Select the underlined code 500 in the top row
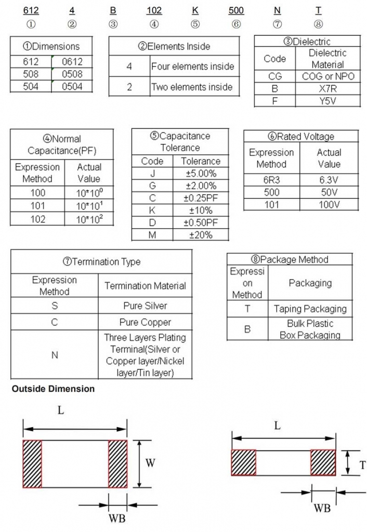coord(236,10)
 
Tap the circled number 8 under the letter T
coord(318,24)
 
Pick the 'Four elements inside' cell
coord(192,66)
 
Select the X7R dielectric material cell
coord(327,88)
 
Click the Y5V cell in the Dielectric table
coord(327,100)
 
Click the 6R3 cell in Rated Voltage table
coord(271,180)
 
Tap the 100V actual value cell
coord(329,204)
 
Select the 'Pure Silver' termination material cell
coord(145,305)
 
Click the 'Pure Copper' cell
coord(145,322)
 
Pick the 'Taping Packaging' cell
coord(310,309)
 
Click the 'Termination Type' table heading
coord(101,261)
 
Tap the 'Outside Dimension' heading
coord(54,389)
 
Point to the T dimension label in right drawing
coord(362,465)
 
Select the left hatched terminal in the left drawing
coord(32,464)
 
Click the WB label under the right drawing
coord(322,508)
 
